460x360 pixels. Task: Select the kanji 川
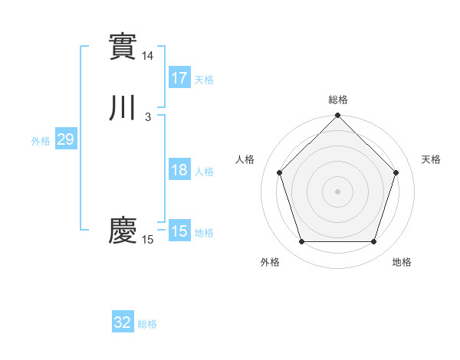click(123, 108)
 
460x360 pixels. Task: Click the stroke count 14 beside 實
click(147, 56)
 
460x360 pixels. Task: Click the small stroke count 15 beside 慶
click(147, 240)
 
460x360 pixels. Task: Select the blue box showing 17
click(179, 78)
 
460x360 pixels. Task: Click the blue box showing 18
click(179, 170)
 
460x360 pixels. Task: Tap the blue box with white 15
click(179, 231)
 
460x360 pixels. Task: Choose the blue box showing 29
click(65, 139)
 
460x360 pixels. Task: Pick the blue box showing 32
click(123, 322)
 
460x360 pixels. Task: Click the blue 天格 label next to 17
click(204, 80)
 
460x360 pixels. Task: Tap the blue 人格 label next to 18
click(204, 172)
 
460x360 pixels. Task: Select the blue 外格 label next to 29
click(41, 141)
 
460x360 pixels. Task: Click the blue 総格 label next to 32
click(147, 324)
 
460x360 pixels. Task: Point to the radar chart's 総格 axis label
click(338, 100)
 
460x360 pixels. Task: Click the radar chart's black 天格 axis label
click(431, 159)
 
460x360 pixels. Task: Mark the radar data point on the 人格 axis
click(280, 172)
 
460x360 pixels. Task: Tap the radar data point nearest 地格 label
click(373, 242)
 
